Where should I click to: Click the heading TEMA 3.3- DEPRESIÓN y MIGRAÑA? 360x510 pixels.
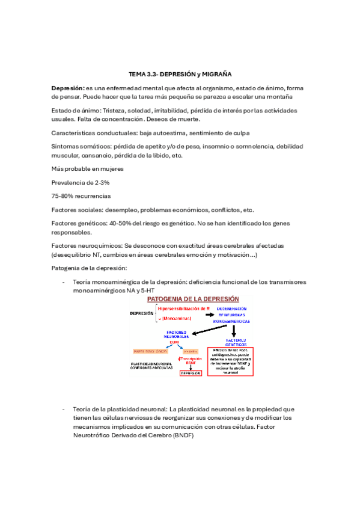tap(180, 74)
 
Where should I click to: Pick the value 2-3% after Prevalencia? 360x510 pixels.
tap(100, 182)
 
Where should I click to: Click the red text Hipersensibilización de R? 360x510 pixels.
tap(183, 309)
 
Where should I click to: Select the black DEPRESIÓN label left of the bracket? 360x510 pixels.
tap(142, 314)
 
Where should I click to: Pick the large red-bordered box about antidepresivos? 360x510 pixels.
tap(231, 361)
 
